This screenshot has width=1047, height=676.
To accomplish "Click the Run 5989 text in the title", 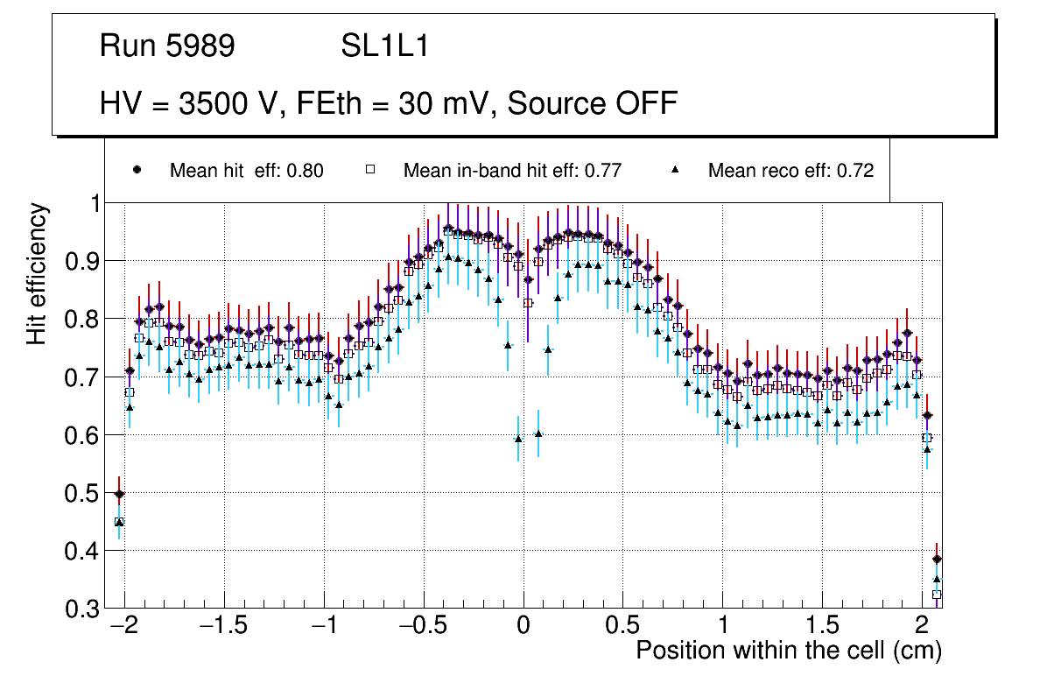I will coord(167,46).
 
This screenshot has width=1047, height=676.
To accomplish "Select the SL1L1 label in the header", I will coord(384,46).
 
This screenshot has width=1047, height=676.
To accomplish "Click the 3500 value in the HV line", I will coord(212,103).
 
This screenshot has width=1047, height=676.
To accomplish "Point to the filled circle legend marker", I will coord(137,170).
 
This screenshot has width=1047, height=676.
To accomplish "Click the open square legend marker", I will coord(370,170).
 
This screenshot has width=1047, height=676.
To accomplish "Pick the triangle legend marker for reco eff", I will coord(675,170).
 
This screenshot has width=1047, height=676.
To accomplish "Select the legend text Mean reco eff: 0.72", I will coord(791,171).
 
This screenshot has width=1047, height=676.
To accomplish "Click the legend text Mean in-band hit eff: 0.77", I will coord(512,171).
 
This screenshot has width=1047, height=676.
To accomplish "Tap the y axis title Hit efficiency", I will coord(38,273).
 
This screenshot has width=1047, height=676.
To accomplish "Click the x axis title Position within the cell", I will coord(788,651).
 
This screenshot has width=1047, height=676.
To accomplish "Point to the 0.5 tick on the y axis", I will coord(84,493).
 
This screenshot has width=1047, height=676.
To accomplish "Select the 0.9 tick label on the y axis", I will coord(84,262).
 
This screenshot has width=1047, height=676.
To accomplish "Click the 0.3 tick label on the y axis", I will coord(84,609).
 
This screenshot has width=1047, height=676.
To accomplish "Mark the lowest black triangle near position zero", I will coord(518,439).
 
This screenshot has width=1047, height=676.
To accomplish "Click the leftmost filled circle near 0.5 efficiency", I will coord(119,494).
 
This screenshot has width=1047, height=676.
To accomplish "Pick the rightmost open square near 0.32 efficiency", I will coord(937,595).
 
